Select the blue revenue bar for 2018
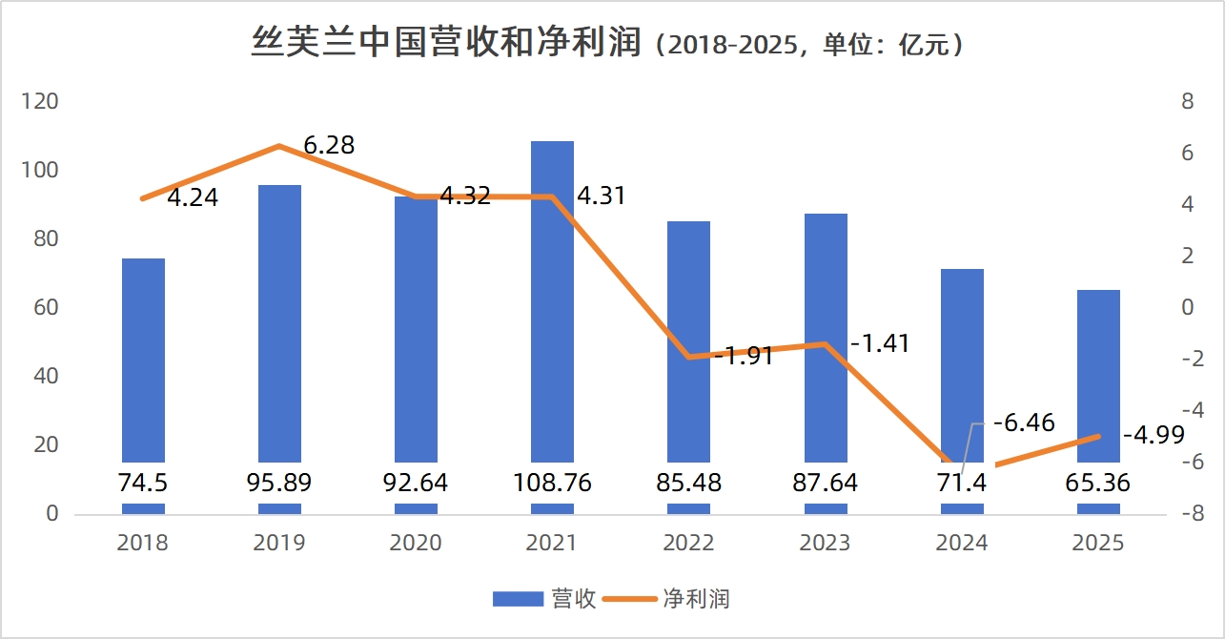click(x=143, y=362)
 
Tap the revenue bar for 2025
click(x=1098, y=381)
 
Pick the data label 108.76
click(x=553, y=483)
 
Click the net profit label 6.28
click(x=329, y=146)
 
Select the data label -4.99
click(x=1154, y=436)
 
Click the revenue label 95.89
click(x=279, y=483)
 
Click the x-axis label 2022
click(x=689, y=543)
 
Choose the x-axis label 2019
click(x=279, y=543)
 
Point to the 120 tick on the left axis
click(x=40, y=102)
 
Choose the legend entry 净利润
click(x=696, y=599)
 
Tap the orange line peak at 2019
click(x=279, y=146)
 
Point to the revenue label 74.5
click(x=143, y=483)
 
